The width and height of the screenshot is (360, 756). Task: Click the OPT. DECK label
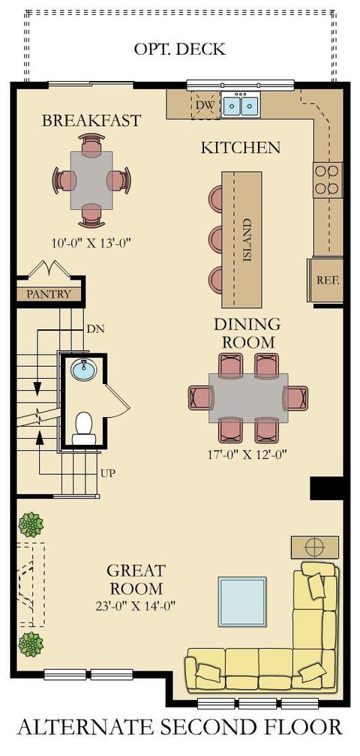pos(179,49)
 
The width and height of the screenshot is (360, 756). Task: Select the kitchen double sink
pos(241,105)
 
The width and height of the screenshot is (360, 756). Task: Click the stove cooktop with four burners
pos(328,180)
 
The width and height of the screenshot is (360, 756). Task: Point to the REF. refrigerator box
pos(327,280)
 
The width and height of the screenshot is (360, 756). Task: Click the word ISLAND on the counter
pos(247,240)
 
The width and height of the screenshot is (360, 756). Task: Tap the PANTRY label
pos(48,294)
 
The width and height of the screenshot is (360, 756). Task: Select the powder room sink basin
pos(84,370)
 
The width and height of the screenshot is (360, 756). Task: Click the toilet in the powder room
pos(84,427)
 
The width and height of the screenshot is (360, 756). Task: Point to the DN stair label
pos(95,330)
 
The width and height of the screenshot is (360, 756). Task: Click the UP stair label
pos(107,473)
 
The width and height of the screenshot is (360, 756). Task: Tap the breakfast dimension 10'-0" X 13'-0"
pos(91,242)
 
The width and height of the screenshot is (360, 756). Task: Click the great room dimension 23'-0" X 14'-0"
pos(135,605)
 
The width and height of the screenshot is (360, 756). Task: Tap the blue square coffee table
pos(242,601)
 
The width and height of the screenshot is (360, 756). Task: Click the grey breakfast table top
pos(91,180)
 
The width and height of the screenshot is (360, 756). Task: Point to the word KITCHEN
pos(241,148)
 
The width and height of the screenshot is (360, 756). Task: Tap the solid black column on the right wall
pos(327,488)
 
